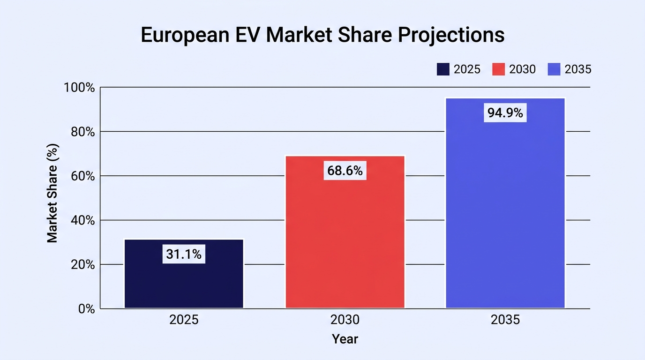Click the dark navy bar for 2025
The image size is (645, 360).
[184, 274]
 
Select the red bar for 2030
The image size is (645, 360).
[345, 232]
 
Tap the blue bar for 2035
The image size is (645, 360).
[505, 203]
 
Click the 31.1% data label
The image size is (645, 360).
[184, 254]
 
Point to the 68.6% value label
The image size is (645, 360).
[345, 171]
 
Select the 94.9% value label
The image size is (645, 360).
[505, 112]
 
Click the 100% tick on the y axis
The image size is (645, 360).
[79, 88]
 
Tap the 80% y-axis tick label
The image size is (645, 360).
[82, 132]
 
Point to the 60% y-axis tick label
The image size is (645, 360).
[82, 176]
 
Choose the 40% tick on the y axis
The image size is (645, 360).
[82, 221]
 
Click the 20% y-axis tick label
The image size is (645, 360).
[82, 265]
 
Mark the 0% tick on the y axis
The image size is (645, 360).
[86, 309]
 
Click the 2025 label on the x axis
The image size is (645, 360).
[184, 320]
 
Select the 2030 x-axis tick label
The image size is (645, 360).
[345, 320]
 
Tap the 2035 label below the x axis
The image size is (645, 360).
[505, 320]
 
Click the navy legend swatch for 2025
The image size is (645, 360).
[443, 69]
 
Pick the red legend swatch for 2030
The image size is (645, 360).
[498, 69]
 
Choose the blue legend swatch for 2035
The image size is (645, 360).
[554, 69]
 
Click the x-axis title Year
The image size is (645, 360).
[345, 339]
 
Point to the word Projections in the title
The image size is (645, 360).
[451, 35]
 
